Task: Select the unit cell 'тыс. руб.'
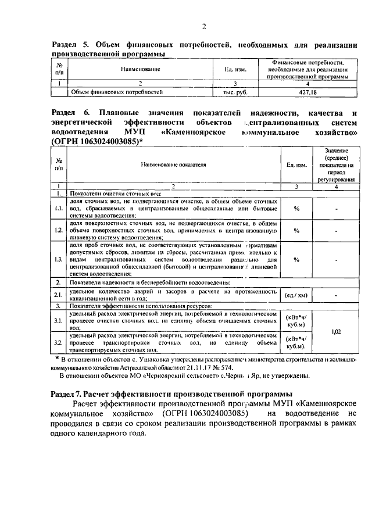(x=235, y=92)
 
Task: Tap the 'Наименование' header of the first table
(x=140, y=69)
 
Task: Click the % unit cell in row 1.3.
(x=296, y=259)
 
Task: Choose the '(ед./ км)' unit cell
(x=296, y=295)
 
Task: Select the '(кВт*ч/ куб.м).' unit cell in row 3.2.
(x=296, y=343)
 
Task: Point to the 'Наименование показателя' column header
(x=173, y=164)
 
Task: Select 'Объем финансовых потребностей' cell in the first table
(x=116, y=92)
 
